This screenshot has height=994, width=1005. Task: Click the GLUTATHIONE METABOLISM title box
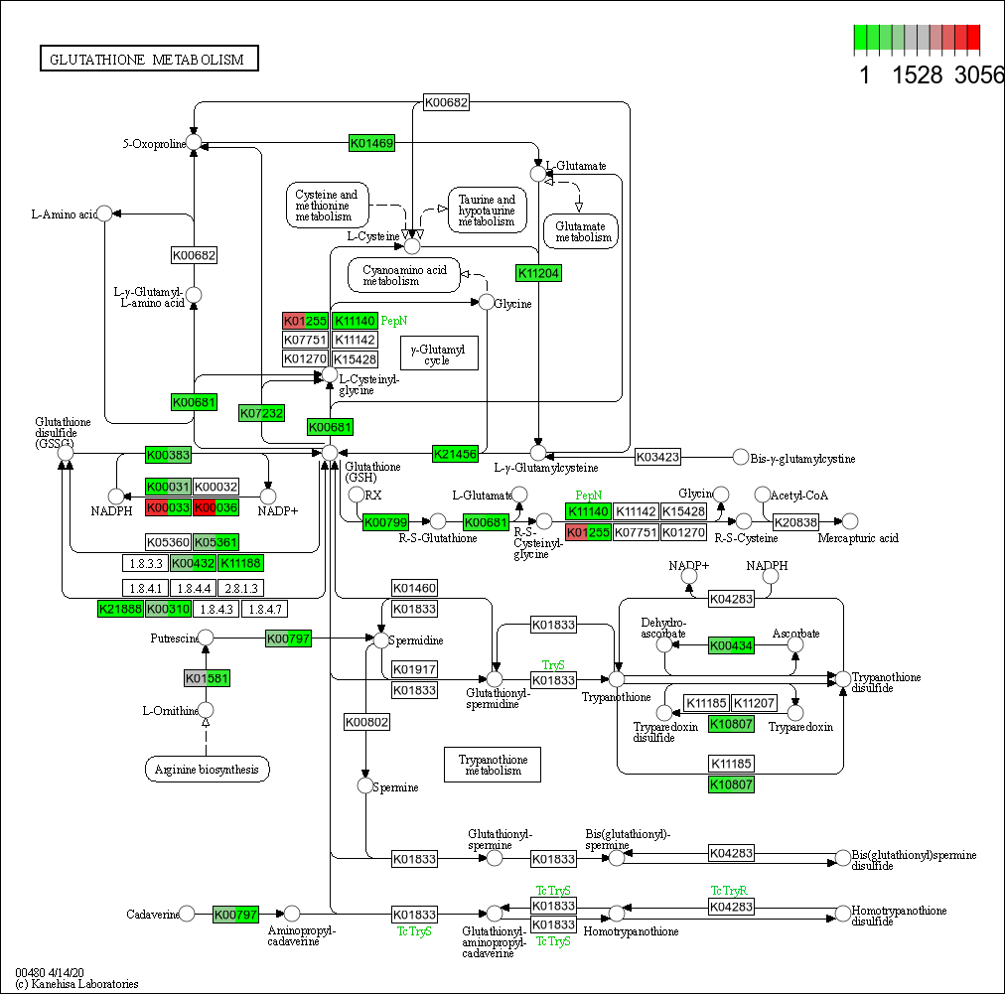tap(148, 60)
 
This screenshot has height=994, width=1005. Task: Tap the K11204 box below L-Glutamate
tap(539, 273)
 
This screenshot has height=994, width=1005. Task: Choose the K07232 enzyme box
tap(262, 413)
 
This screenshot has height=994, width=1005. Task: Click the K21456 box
tap(456, 454)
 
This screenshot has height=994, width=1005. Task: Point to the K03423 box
tap(658, 458)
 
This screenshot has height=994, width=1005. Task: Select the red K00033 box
tap(168, 507)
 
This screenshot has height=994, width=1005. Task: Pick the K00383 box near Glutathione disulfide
tap(168, 455)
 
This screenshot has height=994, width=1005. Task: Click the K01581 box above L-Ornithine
tap(208, 679)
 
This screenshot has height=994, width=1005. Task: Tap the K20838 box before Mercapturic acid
tap(795, 521)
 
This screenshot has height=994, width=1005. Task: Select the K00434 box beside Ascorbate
tap(732, 646)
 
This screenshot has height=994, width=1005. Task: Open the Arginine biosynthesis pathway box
tap(207, 769)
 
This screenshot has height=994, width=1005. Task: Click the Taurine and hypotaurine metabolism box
tap(487, 210)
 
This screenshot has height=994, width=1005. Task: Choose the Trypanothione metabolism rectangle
tap(492, 765)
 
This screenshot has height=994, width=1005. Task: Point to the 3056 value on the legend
tap(979, 75)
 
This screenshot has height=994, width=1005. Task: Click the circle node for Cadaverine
tap(187, 914)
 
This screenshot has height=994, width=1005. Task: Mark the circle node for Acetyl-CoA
tap(763, 495)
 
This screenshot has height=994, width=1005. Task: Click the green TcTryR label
tap(728, 890)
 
